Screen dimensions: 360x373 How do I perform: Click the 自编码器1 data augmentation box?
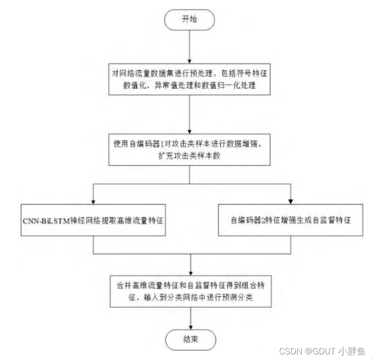click(x=189, y=150)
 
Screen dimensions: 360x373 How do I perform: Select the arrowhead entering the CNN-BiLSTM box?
click(x=93, y=201)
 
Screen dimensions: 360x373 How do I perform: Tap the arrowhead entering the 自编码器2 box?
click(x=291, y=201)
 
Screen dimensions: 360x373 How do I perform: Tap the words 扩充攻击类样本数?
click(x=189, y=156)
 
